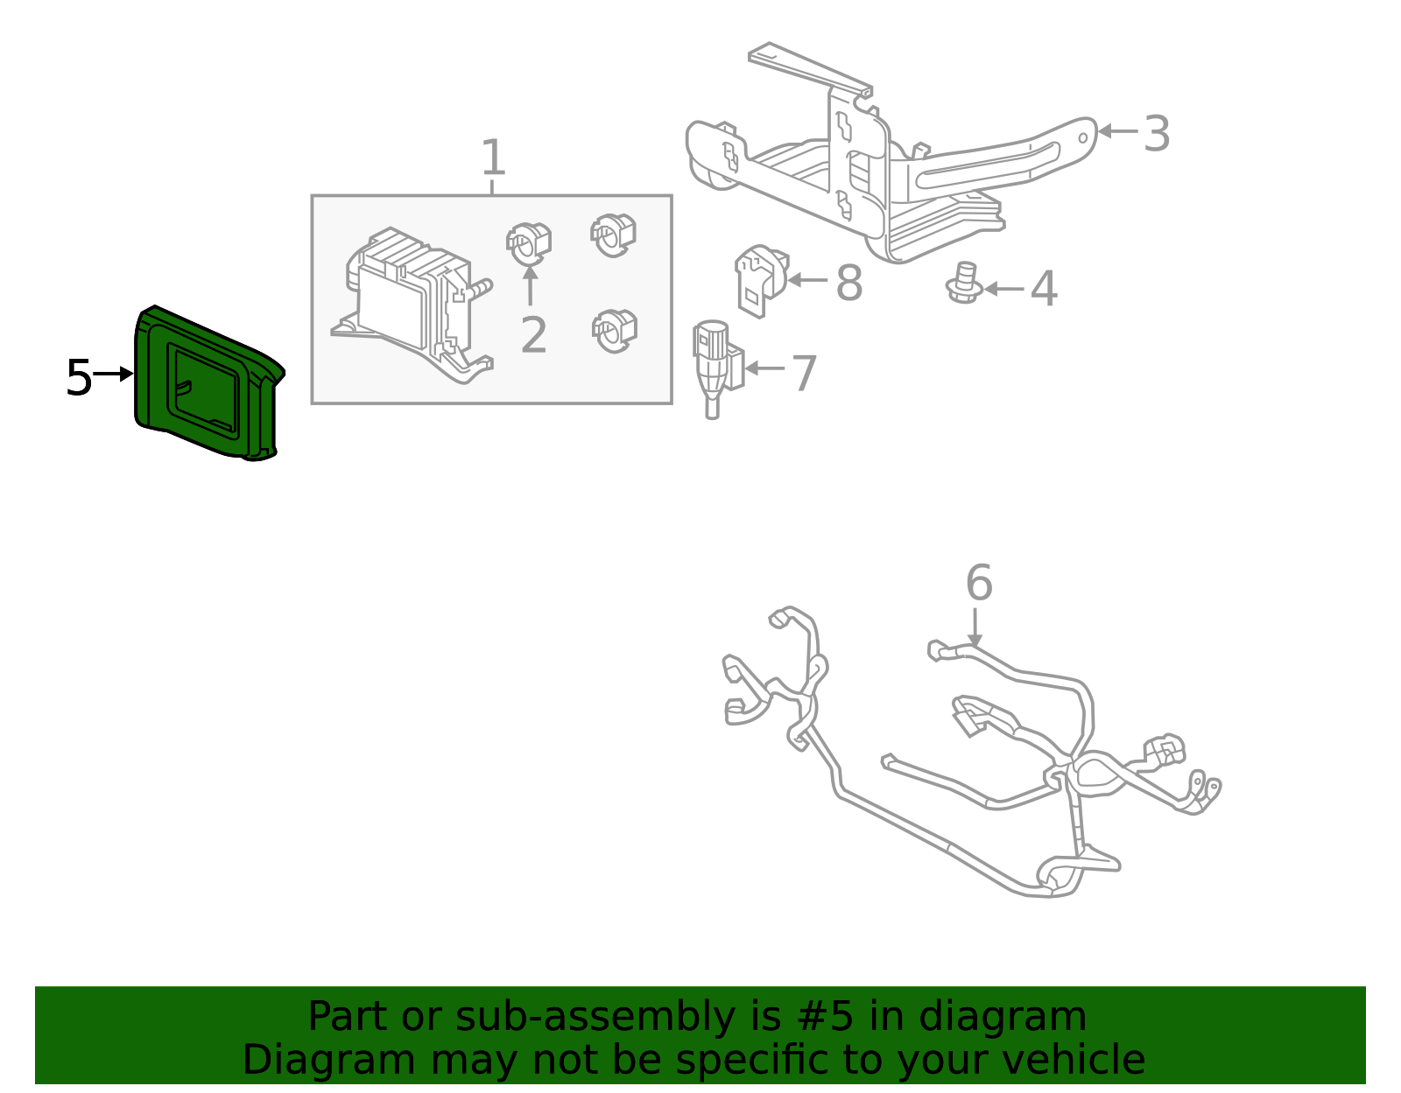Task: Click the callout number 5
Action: (x=79, y=378)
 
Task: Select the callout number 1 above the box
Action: (x=494, y=158)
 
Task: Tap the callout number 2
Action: (x=533, y=335)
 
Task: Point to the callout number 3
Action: (x=1157, y=134)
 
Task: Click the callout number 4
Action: (x=1043, y=289)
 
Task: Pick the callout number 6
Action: (x=979, y=583)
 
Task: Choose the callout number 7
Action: (x=804, y=373)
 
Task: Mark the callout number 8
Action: (x=848, y=284)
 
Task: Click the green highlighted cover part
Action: (x=207, y=385)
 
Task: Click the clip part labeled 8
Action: (x=758, y=278)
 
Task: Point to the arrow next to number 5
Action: (x=113, y=374)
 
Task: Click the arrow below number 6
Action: (x=975, y=627)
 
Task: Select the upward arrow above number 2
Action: (x=529, y=284)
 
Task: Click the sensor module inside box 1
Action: (x=412, y=302)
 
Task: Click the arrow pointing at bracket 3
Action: (x=1117, y=131)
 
